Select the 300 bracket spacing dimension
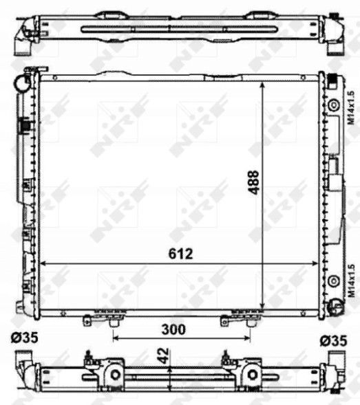coord(173,329)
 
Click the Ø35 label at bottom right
coord(335,339)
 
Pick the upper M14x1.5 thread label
coord(349,108)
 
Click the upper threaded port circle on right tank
coord(334,105)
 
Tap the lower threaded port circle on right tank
coord(334,281)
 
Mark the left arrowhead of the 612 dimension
coord(44,263)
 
